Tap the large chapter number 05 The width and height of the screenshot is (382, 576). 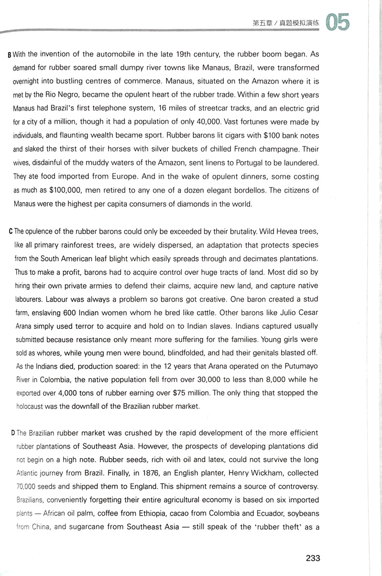(338, 22)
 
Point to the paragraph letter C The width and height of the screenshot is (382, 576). (11, 232)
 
